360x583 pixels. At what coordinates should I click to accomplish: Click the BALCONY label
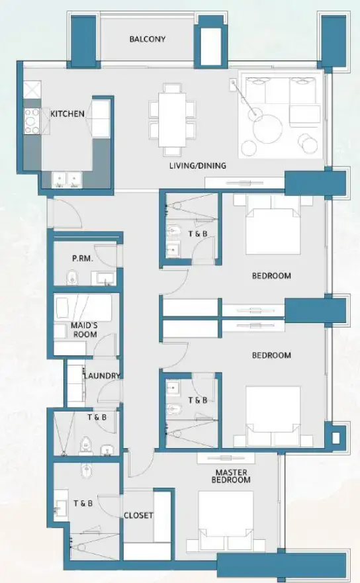(147, 39)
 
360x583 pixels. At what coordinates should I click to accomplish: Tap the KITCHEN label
(67, 114)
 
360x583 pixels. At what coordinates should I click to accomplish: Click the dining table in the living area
(172, 119)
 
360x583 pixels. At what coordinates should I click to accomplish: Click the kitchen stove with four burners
(32, 120)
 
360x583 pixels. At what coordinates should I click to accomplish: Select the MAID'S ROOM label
(84, 330)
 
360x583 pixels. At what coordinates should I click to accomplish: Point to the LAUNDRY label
(102, 376)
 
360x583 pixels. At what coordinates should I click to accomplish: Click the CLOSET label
(138, 516)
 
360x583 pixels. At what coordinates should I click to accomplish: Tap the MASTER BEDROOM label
(232, 476)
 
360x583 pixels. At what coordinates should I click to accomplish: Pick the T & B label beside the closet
(83, 504)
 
